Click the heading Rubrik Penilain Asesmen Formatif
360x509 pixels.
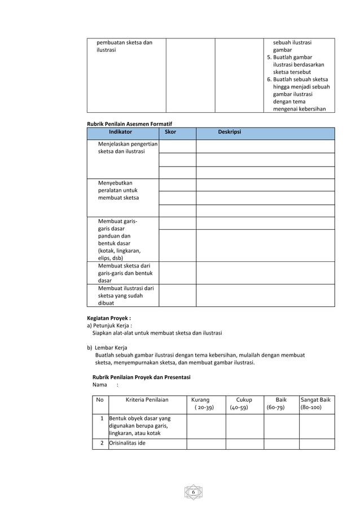[x=129, y=123]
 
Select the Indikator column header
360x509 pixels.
[x=120, y=132]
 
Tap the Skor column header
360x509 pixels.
[x=169, y=132]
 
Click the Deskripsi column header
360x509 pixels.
[x=229, y=132]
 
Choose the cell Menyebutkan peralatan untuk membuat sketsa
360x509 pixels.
[x=118, y=190]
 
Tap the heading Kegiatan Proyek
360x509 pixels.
[x=109, y=318]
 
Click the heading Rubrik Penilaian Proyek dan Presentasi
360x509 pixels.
[x=141, y=377]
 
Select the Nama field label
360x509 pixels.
[x=100, y=385]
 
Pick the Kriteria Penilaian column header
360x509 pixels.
[x=147, y=400]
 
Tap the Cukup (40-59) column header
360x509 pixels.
[x=242, y=403]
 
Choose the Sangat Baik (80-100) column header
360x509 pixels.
[x=317, y=403]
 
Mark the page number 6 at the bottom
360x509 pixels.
[x=193, y=492]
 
